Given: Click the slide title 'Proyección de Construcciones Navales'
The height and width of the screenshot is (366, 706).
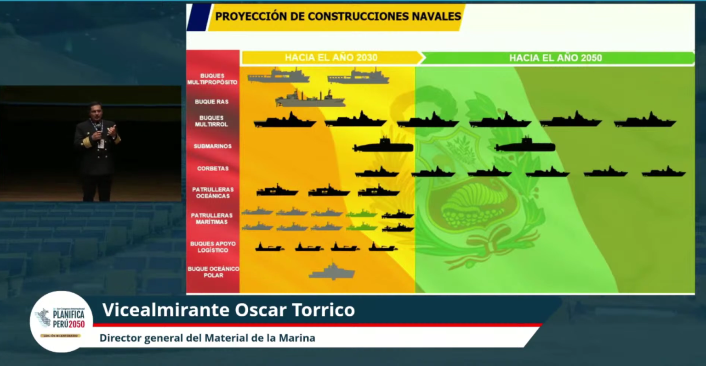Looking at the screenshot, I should coord(338,17).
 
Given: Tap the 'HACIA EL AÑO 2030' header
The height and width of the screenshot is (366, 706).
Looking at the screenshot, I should coord(331,58).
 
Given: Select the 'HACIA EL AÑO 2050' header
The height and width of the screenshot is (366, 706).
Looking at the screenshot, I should coord(555,58).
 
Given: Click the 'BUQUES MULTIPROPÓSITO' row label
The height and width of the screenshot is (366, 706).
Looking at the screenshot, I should coord(212,79).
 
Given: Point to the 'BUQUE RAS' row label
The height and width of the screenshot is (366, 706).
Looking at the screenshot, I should coord(211,102).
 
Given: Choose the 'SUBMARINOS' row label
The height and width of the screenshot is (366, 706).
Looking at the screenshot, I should coord(212,146).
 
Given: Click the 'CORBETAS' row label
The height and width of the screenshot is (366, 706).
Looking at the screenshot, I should coord(213,168).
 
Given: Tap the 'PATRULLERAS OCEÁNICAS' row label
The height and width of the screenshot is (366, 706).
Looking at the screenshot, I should coord(213,193).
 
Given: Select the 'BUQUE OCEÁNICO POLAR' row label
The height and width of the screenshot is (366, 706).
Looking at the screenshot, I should coord(213,272).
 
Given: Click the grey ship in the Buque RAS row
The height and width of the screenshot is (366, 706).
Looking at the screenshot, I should coord(310,99).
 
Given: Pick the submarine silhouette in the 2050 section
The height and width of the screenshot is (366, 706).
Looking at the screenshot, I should coord(525,145).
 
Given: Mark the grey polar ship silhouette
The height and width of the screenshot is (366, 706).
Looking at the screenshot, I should coord(332,272).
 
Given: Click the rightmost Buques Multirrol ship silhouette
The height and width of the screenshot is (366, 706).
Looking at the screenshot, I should coord(645,120).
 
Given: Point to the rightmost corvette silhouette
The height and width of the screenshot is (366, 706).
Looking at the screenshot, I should coord(664,172).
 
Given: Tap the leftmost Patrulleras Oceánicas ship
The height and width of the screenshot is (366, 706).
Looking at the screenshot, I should coord(277,191).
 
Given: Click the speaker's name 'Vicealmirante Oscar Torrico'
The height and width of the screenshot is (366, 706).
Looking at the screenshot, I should coord(228,310).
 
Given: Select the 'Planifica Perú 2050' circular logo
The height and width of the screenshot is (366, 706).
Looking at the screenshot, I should coord(62,321).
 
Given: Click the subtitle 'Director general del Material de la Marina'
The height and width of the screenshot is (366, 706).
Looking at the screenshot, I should coord(207,338).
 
